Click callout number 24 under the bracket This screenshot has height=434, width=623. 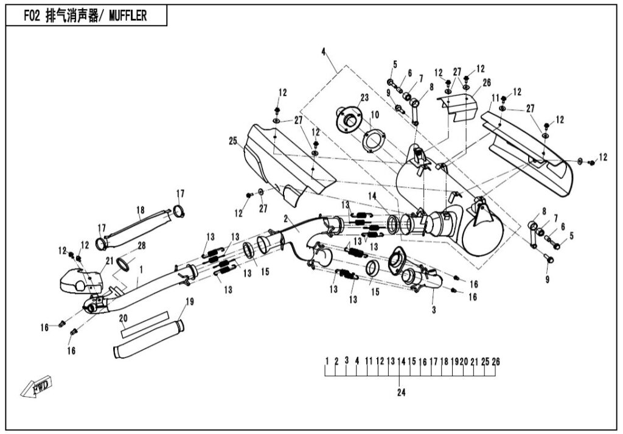(x=401, y=392)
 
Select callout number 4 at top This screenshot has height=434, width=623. (x=324, y=52)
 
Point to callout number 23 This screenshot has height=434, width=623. (x=364, y=97)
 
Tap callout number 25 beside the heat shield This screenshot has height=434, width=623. (x=232, y=141)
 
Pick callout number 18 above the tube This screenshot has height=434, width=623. (x=141, y=211)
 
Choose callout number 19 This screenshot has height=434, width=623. (x=189, y=301)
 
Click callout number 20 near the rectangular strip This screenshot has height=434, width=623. (x=123, y=318)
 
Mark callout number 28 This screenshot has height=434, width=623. (x=141, y=245)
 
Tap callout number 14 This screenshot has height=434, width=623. (x=372, y=195)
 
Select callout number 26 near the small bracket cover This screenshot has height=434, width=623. (x=486, y=82)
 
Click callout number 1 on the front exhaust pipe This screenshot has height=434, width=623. (x=141, y=268)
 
